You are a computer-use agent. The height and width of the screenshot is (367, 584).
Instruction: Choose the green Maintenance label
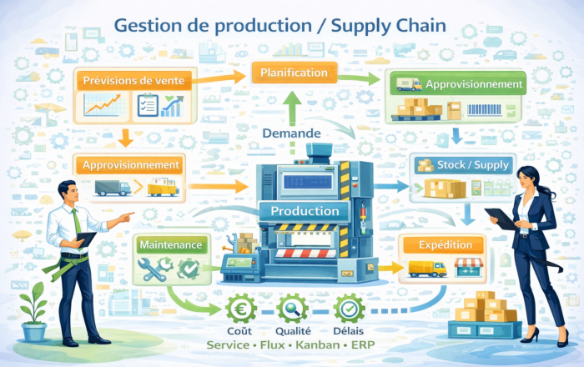tap(170, 245)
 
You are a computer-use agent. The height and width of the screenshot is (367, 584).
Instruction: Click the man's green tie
tap(77, 226)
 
